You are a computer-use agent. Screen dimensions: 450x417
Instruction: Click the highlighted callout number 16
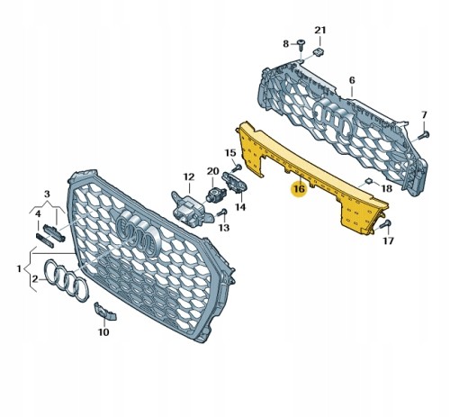[x=300, y=189]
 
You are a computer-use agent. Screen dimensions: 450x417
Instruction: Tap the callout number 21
[x=319, y=30]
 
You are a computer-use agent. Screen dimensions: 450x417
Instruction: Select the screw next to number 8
[x=301, y=45]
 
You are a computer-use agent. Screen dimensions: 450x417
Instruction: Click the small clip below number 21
[x=319, y=52]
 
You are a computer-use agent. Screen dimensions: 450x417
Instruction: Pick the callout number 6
[x=352, y=80]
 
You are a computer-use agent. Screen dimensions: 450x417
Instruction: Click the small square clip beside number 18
[x=369, y=181]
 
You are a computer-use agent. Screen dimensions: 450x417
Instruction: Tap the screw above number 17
[x=385, y=224]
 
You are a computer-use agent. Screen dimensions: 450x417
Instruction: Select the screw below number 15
[x=237, y=167]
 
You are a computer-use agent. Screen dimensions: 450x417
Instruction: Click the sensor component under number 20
[x=213, y=193]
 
